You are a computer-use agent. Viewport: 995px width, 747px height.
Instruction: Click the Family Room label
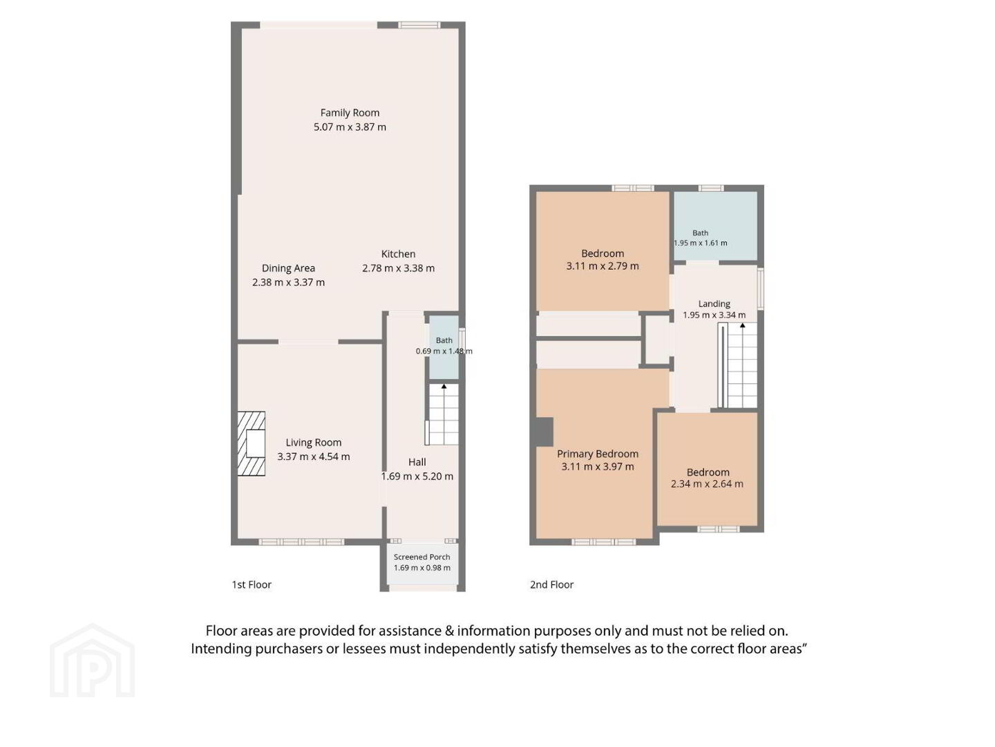[x=350, y=113]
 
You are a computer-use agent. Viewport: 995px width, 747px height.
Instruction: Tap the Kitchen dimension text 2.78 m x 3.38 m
[x=398, y=268]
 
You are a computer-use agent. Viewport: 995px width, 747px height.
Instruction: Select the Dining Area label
[x=288, y=268]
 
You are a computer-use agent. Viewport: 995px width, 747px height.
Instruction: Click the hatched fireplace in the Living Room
[x=251, y=443]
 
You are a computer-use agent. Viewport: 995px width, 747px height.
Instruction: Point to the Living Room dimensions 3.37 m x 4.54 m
[x=313, y=456]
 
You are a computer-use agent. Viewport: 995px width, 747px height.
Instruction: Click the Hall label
[x=417, y=462]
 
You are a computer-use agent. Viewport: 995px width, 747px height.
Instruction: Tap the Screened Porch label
[x=421, y=557]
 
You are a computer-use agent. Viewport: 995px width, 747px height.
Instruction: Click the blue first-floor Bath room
[x=444, y=347]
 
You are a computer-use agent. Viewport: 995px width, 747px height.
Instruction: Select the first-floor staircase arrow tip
[x=444, y=385]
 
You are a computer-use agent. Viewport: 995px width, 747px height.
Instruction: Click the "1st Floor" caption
[x=252, y=584]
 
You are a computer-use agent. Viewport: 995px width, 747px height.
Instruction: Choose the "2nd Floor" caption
[x=551, y=584]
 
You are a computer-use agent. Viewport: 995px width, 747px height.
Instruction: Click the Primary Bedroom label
[x=598, y=454]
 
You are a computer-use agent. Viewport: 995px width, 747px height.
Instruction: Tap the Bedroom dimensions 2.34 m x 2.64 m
[x=707, y=483]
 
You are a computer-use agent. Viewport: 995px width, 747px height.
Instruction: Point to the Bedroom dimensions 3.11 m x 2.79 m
[x=603, y=266]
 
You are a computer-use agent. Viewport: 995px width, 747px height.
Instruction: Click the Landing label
[x=714, y=304]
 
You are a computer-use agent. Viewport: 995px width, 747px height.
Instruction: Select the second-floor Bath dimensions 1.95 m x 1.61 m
[x=701, y=243]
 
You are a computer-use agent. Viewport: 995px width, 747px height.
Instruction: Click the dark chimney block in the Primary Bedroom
[x=544, y=432]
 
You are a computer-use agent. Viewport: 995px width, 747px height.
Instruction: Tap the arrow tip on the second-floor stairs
[x=743, y=325]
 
